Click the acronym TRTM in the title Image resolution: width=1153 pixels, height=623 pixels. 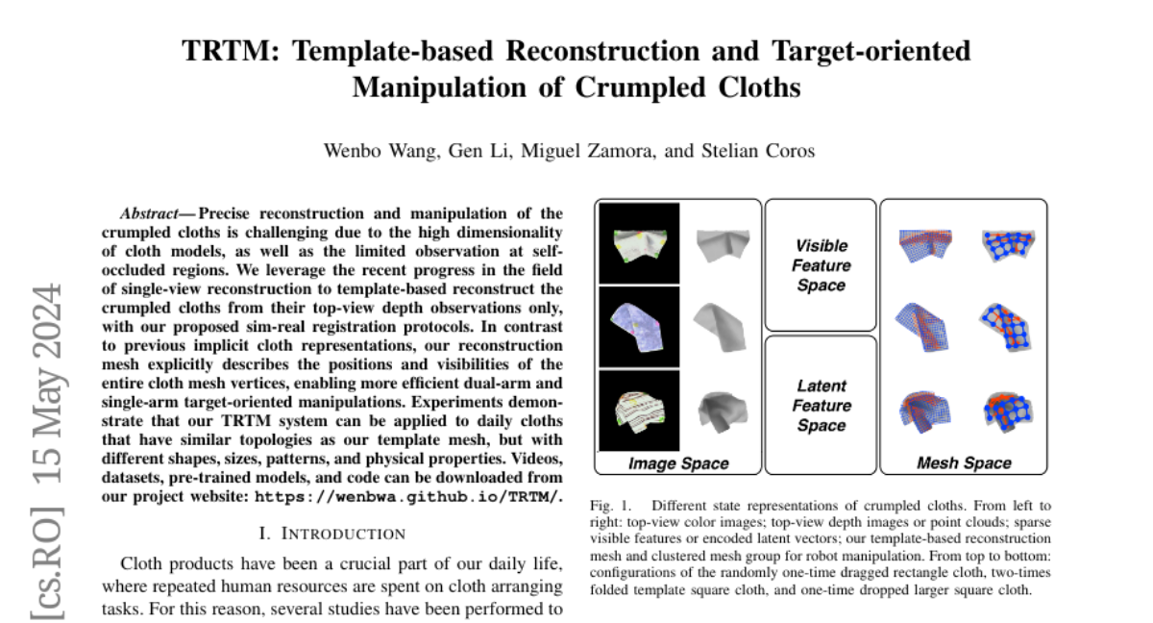coord(223,51)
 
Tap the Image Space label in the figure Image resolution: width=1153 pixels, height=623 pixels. coord(678,463)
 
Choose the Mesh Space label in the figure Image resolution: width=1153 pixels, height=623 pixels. coord(964,463)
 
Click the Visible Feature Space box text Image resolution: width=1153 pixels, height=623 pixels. coord(822,265)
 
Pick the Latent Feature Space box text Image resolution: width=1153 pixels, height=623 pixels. coord(822,405)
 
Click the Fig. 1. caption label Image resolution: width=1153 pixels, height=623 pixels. coord(613,505)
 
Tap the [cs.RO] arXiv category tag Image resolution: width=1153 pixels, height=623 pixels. coord(47,574)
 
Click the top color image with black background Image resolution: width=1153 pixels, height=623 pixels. coord(638,243)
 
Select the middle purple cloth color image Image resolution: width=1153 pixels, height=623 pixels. coord(638,326)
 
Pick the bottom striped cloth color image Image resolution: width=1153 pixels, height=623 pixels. coord(638,410)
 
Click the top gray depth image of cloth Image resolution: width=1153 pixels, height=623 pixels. coord(721,243)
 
